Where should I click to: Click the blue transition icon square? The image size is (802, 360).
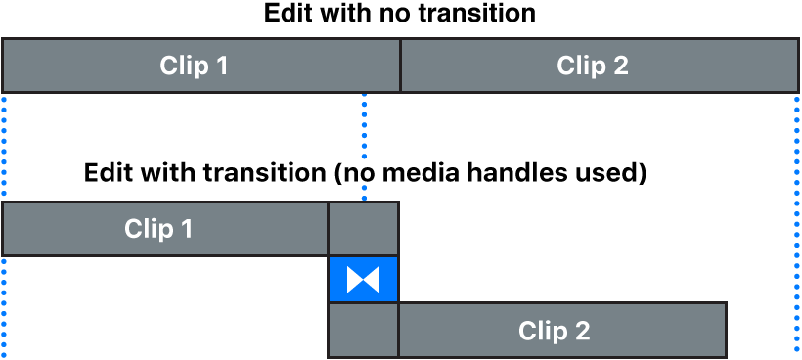point(364,280)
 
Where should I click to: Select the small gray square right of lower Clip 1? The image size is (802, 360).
point(364,229)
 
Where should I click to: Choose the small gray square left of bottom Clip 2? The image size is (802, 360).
point(364,331)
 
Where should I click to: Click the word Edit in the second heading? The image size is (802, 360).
point(105,174)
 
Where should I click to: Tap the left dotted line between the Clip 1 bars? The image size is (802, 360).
point(4,147)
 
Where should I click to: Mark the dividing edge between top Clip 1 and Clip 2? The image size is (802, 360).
point(400,67)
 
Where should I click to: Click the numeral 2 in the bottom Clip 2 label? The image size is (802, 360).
point(582,331)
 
